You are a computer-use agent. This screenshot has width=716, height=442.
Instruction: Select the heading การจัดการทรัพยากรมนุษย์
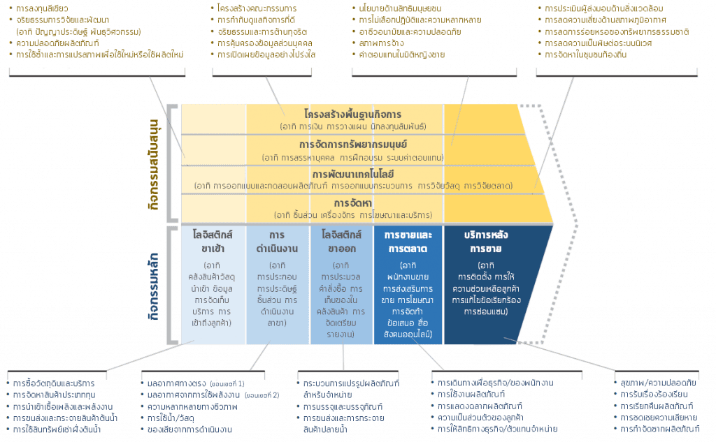[x=357, y=145]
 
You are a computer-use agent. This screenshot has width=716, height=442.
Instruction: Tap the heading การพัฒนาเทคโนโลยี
[x=361, y=175]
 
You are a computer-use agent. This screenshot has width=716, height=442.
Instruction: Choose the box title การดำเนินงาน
[x=278, y=240]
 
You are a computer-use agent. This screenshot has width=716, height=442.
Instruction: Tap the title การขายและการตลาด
[x=408, y=240]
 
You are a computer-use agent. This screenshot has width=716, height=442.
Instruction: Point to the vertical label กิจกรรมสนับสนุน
[x=155, y=159]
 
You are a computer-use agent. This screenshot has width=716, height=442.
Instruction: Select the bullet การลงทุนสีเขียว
[x=42, y=9]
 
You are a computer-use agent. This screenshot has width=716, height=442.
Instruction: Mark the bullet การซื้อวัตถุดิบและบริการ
[x=53, y=383]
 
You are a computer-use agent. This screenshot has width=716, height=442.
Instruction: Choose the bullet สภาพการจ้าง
[x=383, y=43]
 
